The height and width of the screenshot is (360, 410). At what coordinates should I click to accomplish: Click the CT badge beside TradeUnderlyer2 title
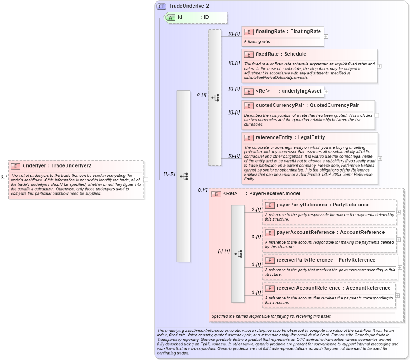point(161,6)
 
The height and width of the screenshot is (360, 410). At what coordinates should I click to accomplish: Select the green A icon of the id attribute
point(170,17)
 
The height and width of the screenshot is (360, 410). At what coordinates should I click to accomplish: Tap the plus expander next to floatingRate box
point(326,37)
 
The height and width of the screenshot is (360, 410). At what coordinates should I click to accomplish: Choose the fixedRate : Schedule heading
point(281,54)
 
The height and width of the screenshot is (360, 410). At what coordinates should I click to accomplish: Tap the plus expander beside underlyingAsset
point(326,91)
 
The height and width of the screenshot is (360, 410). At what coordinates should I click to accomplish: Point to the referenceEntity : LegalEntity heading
point(290,138)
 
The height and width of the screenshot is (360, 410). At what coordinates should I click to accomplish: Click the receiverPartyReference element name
point(306,260)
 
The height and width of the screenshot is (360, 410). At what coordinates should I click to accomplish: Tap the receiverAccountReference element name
point(308,288)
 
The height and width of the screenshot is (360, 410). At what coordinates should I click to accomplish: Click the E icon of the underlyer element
point(16,166)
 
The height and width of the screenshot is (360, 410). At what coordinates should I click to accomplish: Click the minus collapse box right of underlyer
point(146,180)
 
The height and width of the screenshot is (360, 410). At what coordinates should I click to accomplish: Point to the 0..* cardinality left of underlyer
point(4,177)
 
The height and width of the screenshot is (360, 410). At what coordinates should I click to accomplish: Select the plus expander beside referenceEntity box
point(380,158)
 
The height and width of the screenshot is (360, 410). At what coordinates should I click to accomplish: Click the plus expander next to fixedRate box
point(379,66)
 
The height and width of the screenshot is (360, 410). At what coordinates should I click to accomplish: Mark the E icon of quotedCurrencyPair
point(248,106)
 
